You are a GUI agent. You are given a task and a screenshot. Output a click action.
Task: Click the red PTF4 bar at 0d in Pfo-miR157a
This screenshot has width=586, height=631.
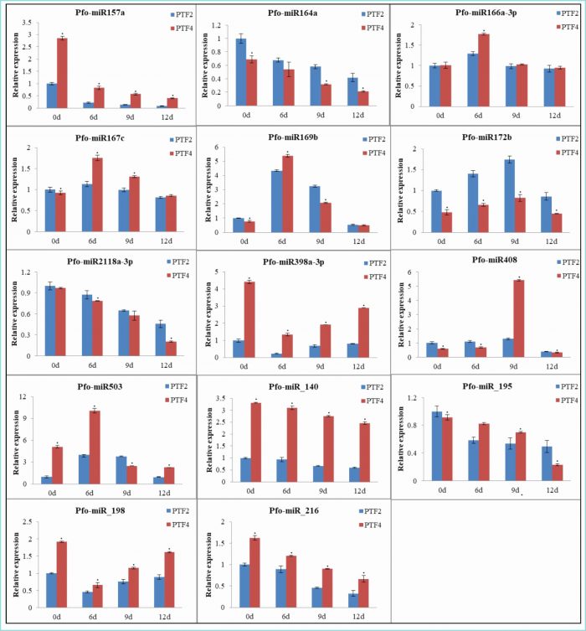[x=62, y=73]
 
